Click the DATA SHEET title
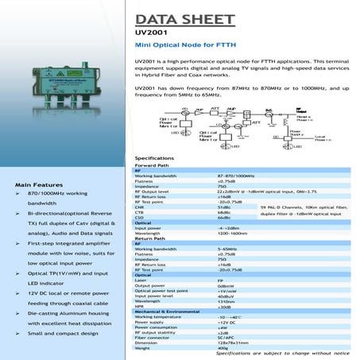point(185,18)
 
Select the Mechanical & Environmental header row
point(166,311)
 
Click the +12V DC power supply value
point(227,322)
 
